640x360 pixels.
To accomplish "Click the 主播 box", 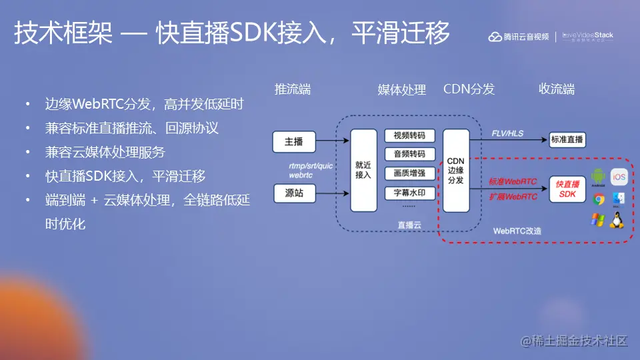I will [293, 141].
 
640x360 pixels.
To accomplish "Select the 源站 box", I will [293, 193].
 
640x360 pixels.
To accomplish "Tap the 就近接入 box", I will [363, 171].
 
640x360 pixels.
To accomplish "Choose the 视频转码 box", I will [409, 135].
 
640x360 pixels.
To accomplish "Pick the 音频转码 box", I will [409, 155].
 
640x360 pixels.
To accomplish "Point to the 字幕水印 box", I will [409, 193].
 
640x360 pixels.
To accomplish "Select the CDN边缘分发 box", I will [455, 171].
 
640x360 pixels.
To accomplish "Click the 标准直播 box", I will [567, 139].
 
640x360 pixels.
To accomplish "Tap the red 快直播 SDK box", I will [567, 189].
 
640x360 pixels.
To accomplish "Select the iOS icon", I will [619, 177].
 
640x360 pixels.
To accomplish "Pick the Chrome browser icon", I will [598, 198].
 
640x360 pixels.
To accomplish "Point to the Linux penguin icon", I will [617, 220].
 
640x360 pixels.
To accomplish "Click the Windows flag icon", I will [597, 220].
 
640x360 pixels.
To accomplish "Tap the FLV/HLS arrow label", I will [507, 133].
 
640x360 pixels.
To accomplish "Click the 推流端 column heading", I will [293, 89].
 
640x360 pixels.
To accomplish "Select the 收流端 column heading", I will [557, 89].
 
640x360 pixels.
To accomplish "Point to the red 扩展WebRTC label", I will [513, 197].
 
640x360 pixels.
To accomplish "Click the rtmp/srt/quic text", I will [311, 166].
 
